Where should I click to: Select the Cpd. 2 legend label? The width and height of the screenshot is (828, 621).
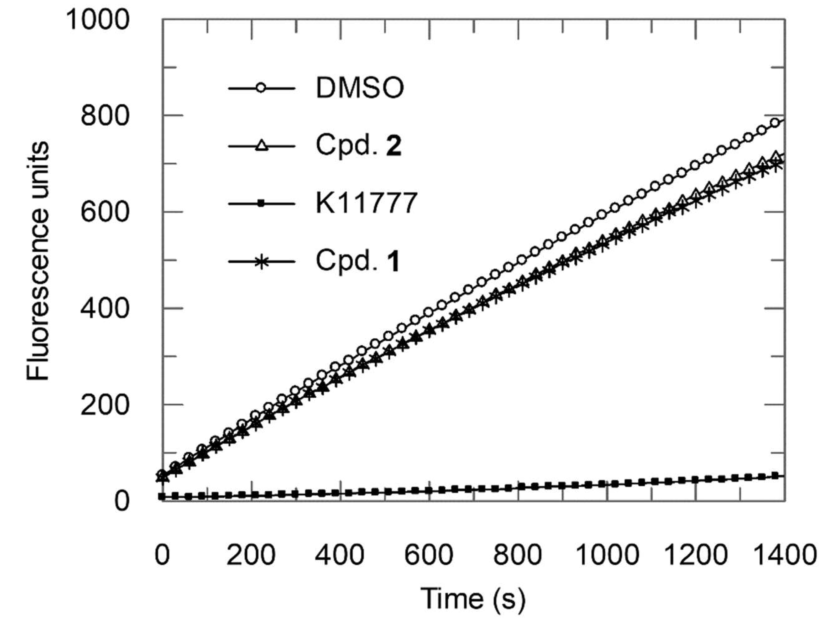click(358, 146)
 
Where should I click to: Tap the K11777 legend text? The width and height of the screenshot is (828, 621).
click(366, 203)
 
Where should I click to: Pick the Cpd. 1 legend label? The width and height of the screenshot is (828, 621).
click(357, 261)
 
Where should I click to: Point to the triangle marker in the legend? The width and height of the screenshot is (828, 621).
click(261, 146)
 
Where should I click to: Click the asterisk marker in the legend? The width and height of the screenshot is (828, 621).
click(261, 261)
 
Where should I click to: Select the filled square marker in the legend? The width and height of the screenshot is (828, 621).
click(261, 203)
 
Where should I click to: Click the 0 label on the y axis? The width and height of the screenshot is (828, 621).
click(122, 501)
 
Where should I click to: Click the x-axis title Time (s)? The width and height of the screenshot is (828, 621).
click(473, 599)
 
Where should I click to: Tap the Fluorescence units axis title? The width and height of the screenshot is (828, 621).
click(38, 261)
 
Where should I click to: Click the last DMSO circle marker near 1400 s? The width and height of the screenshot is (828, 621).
click(775, 123)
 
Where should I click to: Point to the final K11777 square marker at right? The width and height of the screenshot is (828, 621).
click(775, 476)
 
